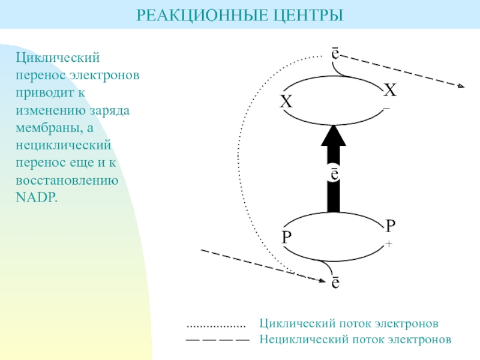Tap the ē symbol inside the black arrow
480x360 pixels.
pos(334,173)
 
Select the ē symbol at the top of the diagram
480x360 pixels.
pos(335,53)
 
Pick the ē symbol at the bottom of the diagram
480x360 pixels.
pos(336,281)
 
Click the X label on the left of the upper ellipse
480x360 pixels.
pos(286,102)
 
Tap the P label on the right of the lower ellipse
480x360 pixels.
pos(390,226)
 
